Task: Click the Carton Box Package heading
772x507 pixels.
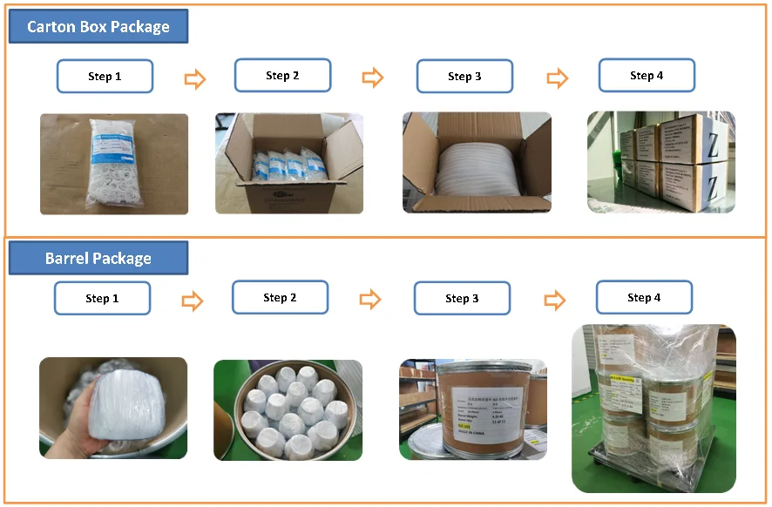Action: click(98, 27)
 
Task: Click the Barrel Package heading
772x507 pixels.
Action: click(98, 258)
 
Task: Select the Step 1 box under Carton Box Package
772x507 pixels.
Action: click(105, 77)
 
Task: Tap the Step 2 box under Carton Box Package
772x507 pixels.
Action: click(282, 76)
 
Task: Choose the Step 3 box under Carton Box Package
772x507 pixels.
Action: click(464, 77)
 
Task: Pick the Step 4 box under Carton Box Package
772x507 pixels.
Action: click(647, 76)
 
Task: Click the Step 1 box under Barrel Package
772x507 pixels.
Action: click(102, 298)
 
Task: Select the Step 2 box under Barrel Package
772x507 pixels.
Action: click(280, 298)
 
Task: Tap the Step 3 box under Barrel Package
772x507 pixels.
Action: click(462, 299)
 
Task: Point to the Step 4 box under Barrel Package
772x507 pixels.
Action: click(644, 298)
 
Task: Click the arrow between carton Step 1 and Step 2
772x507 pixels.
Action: click(195, 79)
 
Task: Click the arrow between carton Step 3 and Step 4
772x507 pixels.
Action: click(558, 78)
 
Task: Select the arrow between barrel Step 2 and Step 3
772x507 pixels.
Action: click(371, 300)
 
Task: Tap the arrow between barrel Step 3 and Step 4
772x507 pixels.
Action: click(554, 301)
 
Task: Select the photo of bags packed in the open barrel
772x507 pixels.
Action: click(288, 409)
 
